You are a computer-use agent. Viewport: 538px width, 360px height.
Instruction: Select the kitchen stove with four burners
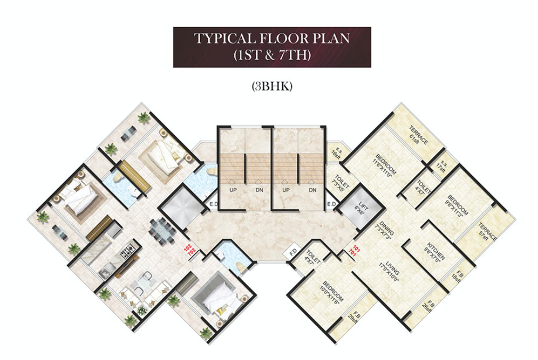click(127, 250)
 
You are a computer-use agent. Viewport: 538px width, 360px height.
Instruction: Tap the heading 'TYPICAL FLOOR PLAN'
click(272, 38)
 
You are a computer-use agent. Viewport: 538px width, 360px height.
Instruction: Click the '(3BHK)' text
click(272, 87)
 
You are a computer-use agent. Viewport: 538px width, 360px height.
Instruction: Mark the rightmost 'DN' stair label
click(312, 190)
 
